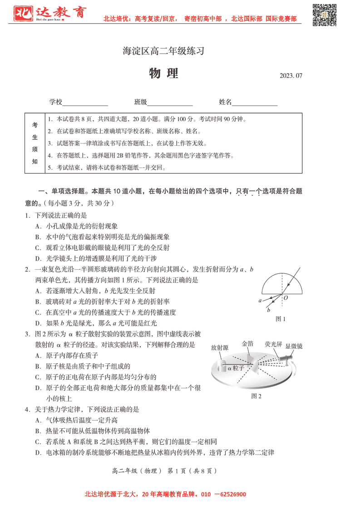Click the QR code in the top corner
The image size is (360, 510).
click(325, 15)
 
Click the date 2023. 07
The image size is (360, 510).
click(291, 76)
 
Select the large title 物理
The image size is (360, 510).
click(164, 74)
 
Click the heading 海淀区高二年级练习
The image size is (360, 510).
click(164, 51)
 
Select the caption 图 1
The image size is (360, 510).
click(281, 319)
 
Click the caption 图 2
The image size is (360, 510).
click(256, 396)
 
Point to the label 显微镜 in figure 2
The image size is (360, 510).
click(294, 346)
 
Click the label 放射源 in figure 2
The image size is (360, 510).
click(220, 347)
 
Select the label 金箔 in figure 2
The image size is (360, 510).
click(247, 344)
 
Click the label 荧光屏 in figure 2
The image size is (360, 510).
click(273, 344)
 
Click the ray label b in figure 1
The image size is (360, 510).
click(269, 310)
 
